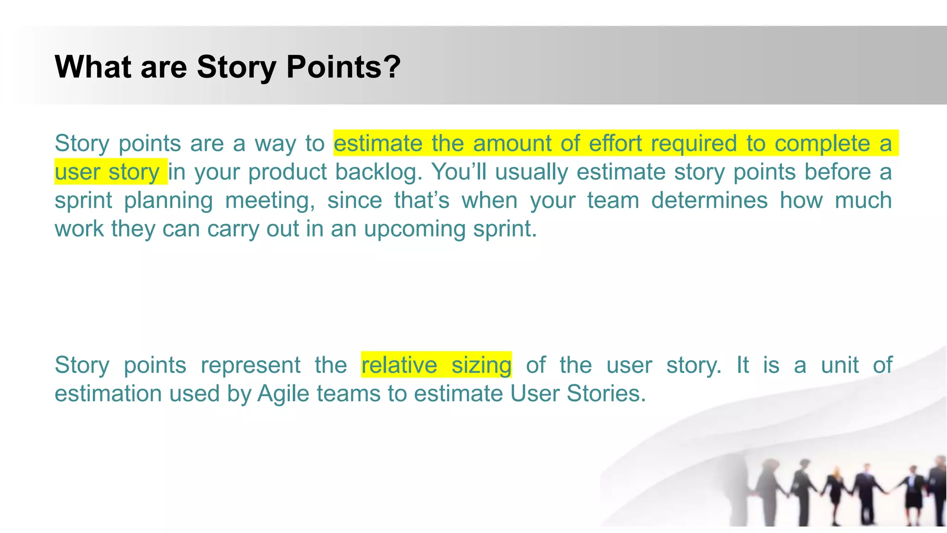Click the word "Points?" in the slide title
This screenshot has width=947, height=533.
click(x=343, y=68)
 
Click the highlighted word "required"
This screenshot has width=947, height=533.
click(x=694, y=143)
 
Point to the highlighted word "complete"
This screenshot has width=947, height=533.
click(x=822, y=143)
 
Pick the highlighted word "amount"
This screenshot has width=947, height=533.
click(x=512, y=143)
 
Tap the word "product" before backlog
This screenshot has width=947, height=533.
click(x=288, y=172)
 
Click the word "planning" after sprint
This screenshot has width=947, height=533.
click(x=168, y=201)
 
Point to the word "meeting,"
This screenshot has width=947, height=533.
click(x=271, y=201)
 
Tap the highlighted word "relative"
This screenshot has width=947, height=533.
click(x=399, y=365)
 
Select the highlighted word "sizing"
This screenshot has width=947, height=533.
click(x=481, y=365)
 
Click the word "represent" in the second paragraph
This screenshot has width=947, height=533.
click(x=251, y=365)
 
